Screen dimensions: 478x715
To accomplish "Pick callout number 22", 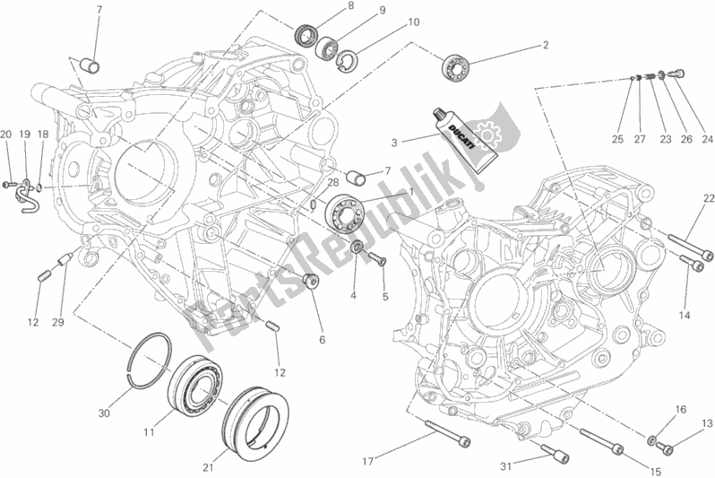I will coord(708,198).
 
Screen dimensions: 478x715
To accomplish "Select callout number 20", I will coord(6,135).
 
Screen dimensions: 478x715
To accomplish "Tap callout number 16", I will coord(680,409).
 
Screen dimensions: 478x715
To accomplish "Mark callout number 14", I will coord(685,315).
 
